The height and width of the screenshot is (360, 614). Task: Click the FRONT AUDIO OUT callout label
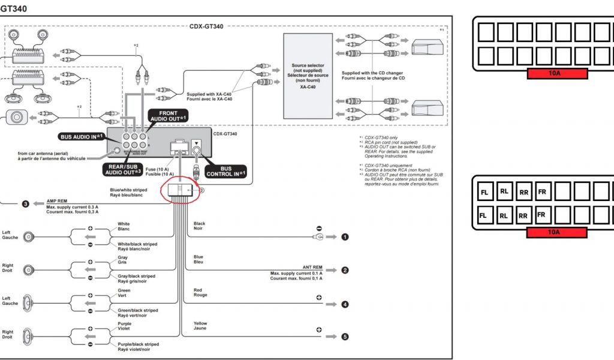pos(173,116)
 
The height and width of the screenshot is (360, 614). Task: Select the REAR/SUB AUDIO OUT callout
pos(122,169)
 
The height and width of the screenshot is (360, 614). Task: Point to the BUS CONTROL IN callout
pos(226,171)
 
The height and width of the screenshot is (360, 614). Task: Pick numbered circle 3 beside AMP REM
pos(26,204)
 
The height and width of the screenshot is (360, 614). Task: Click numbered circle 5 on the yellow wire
pos(345,337)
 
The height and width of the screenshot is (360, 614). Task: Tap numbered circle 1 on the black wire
pos(345,237)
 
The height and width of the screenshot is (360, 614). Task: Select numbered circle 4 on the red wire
pos(345,304)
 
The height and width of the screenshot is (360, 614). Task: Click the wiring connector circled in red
pos(180,192)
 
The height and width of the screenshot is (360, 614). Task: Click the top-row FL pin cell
pos(484,193)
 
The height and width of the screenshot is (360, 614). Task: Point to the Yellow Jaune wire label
pos(200,326)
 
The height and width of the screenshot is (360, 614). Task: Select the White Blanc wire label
pos(124,227)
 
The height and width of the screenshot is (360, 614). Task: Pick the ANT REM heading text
pos(312,267)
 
